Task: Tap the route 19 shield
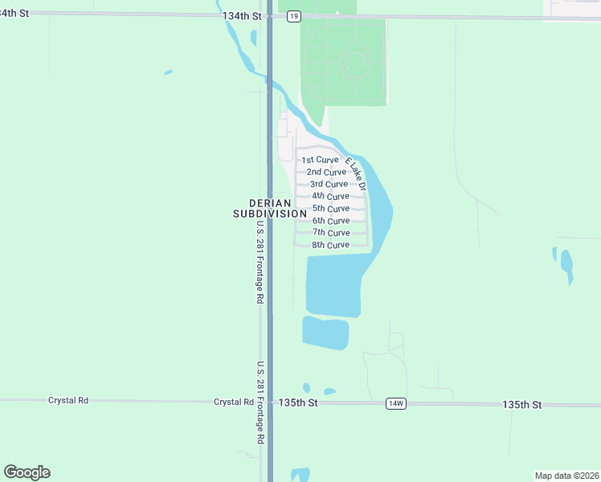pyautogui.click(x=294, y=16)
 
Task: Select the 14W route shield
pyautogui.click(x=395, y=403)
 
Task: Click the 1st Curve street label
pyautogui.click(x=320, y=160)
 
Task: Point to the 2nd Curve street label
pyautogui.click(x=326, y=172)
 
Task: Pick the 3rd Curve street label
pyautogui.click(x=329, y=184)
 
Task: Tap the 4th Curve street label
pyautogui.click(x=330, y=196)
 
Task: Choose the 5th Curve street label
pyautogui.click(x=331, y=209)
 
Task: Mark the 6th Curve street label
pyautogui.click(x=331, y=221)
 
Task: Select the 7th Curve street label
pyautogui.click(x=331, y=232)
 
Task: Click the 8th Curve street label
pyautogui.click(x=330, y=244)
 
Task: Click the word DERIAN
pyautogui.click(x=269, y=203)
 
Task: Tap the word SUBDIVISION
pyautogui.click(x=269, y=214)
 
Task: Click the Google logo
pyautogui.click(x=27, y=472)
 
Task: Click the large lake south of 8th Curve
pyautogui.click(x=333, y=285)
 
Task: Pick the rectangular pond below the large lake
pyautogui.click(x=325, y=333)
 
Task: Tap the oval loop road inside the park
pyautogui.click(x=354, y=62)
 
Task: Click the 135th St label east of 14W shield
pyautogui.click(x=523, y=403)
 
